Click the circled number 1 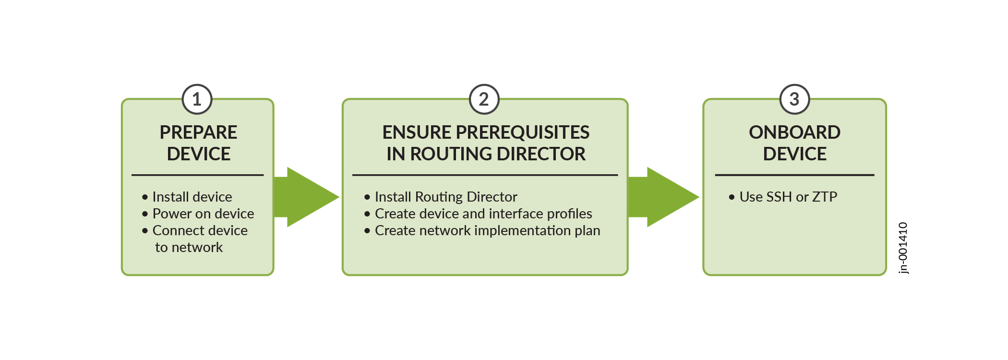[x=197, y=99]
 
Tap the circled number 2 [x=484, y=99]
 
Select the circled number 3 [x=794, y=99]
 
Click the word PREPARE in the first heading [x=198, y=132]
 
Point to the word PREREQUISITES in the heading [x=523, y=132]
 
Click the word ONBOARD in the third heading [x=794, y=132]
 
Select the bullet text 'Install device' [x=192, y=197]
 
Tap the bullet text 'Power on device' [x=203, y=214]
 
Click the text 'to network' [x=189, y=247]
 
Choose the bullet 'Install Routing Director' [x=446, y=197]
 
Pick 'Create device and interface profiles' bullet [x=483, y=214]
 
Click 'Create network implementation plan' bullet [x=487, y=230]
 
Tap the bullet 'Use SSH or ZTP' [x=788, y=197]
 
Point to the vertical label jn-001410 [x=903, y=248]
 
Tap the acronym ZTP [x=825, y=197]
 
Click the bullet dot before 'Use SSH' [x=732, y=197]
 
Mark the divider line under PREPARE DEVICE [x=197, y=175]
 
